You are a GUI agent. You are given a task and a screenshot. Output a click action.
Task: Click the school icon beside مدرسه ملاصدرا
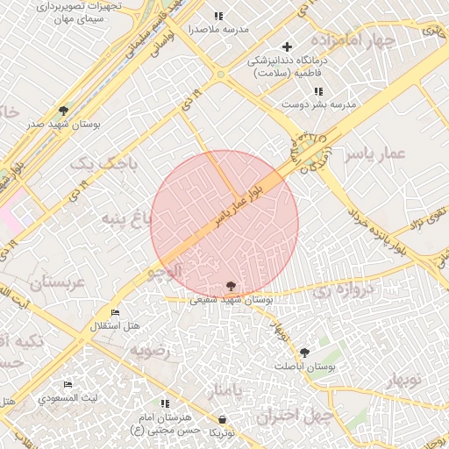pyautogui.click(x=218, y=16)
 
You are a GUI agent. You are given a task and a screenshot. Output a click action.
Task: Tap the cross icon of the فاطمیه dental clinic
pyautogui.click(x=286, y=46)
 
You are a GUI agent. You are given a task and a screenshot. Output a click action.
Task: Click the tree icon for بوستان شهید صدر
pyautogui.click(x=63, y=110)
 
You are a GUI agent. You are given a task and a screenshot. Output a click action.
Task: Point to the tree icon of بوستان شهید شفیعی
pyautogui.click(x=230, y=286)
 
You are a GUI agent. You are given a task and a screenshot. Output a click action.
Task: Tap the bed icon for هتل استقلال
pyautogui.click(x=115, y=312)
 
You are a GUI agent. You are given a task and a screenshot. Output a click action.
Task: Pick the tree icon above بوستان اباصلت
pyautogui.click(x=304, y=352)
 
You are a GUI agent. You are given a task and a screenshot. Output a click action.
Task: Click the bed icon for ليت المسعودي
pyautogui.click(x=68, y=385)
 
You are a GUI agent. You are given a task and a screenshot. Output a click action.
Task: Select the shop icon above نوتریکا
pyautogui.click(x=222, y=419)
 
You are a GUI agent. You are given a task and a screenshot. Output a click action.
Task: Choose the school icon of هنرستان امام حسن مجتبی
pyautogui.click(x=165, y=403)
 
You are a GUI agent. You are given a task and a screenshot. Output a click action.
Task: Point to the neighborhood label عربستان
pyautogui.click(x=55, y=283)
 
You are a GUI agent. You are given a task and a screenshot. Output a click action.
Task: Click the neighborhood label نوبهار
pyautogui.click(x=403, y=380)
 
